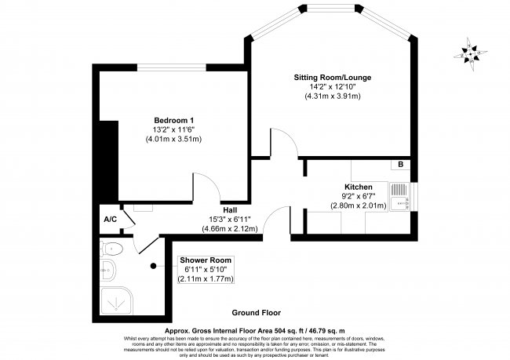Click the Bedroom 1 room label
coord(173,118)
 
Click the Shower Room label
coord(205,260)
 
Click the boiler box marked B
coord(400,165)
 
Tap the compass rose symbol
coord(471,52)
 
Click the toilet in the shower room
coord(113,249)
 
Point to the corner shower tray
coord(118,299)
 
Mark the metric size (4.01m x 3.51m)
coord(173,139)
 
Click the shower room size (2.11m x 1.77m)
coord(205,278)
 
